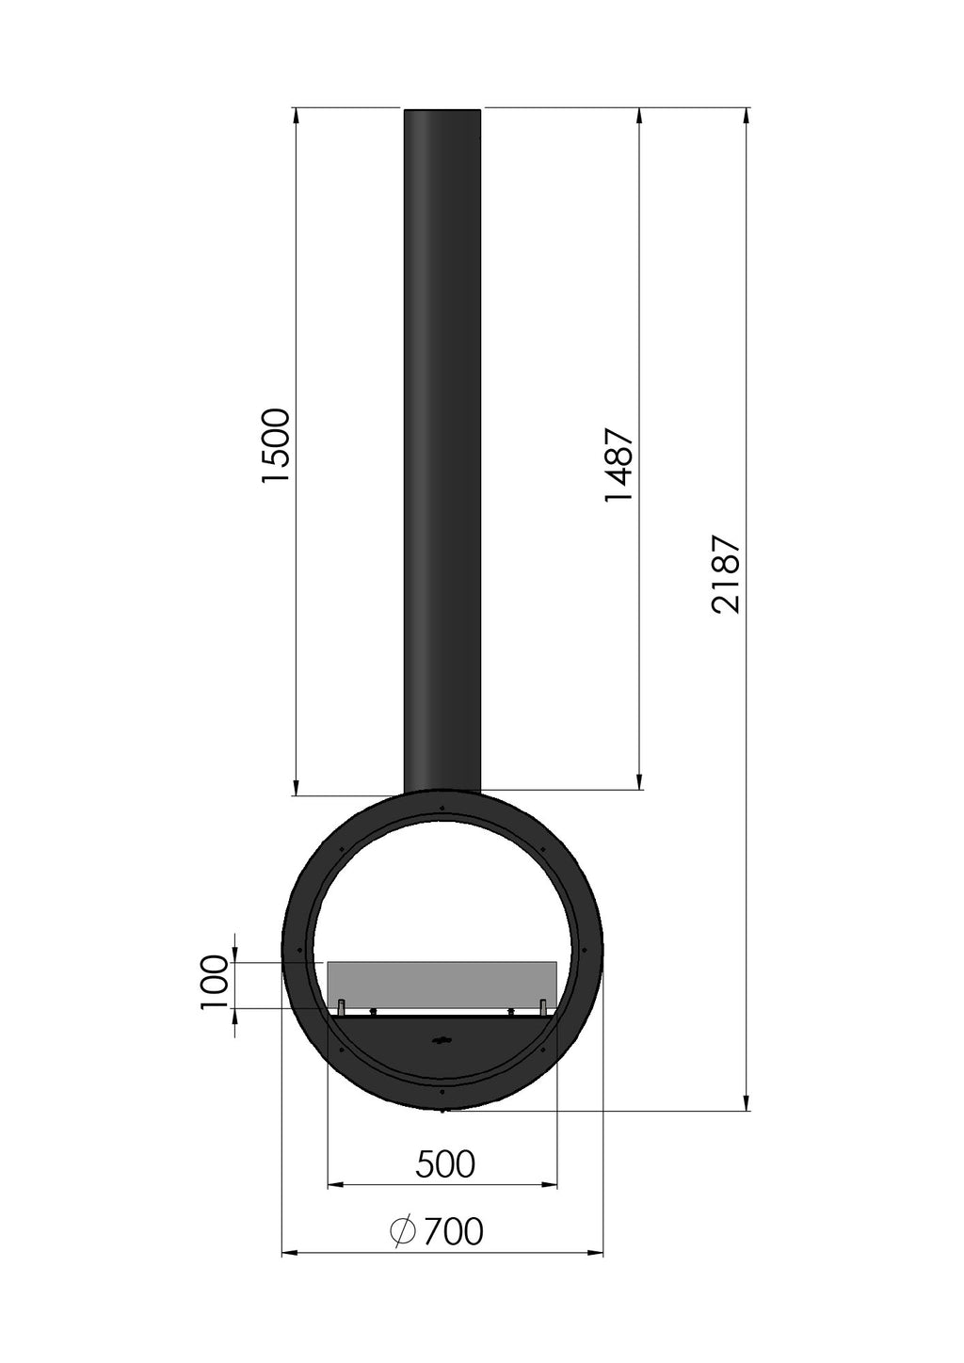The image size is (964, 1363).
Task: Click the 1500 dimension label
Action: pos(275,446)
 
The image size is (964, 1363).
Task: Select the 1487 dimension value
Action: pos(619,465)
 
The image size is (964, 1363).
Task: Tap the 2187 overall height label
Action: pos(727,574)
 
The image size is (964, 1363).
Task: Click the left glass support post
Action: pos(342,1007)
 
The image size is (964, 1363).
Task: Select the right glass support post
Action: pos(543,1007)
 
